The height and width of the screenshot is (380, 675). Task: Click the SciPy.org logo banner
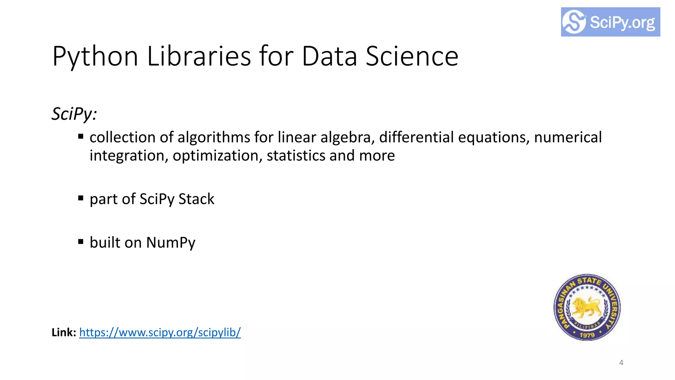tap(610, 22)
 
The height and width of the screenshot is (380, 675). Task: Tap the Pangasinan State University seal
tap(587, 307)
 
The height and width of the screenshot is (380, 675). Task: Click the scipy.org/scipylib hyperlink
tap(160, 332)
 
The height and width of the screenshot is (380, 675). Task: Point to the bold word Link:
tap(64, 332)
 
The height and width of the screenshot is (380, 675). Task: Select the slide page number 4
tap(621, 363)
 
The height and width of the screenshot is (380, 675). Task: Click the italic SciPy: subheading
tap(74, 114)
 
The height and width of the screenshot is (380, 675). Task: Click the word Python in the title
tap(95, 57)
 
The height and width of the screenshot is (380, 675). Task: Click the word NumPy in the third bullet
tap(171, 243)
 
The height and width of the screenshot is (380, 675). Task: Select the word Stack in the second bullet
tap(196, 199)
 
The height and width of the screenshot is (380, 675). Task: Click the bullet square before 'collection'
tap(81, 136)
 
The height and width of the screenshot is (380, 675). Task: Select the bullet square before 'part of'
tap(81, 198)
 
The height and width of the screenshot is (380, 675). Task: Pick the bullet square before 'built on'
tap(81, 241)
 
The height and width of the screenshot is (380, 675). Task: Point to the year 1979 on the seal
tap(587, 335)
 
